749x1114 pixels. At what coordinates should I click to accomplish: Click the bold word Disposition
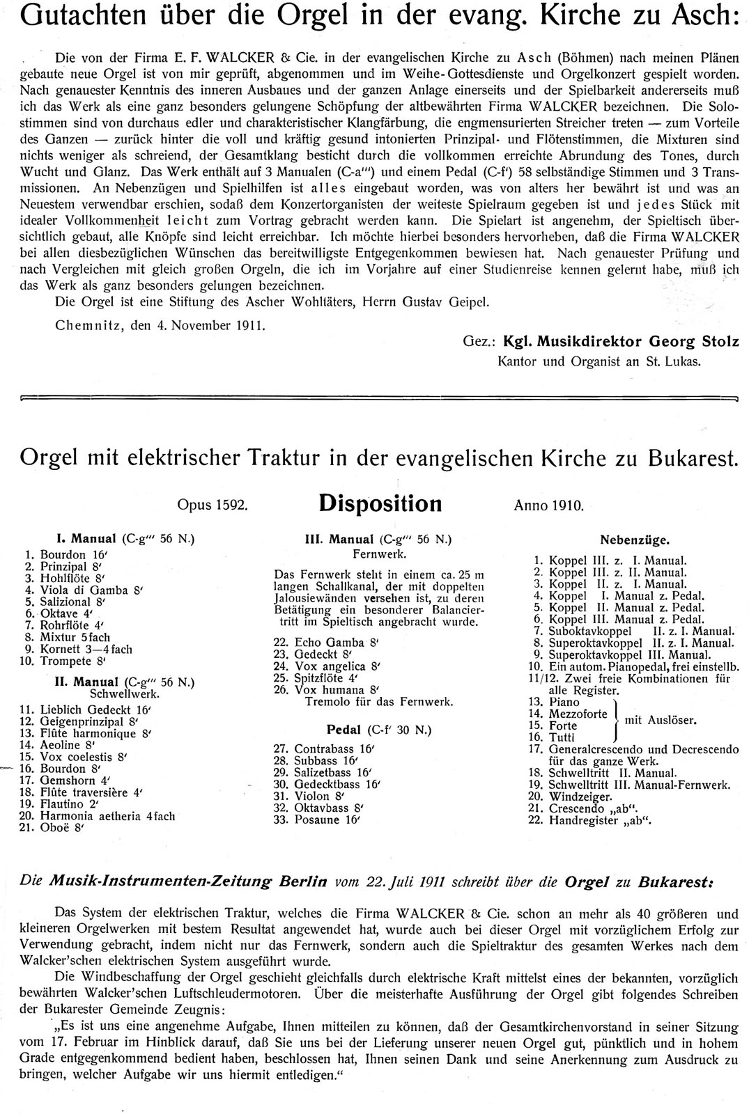coord(380,503)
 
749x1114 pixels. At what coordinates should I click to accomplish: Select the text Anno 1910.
coord(548,505)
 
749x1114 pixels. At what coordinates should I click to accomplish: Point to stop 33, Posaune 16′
coord(326,820)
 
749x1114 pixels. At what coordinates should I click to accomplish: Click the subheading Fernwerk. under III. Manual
coord(380,554)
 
